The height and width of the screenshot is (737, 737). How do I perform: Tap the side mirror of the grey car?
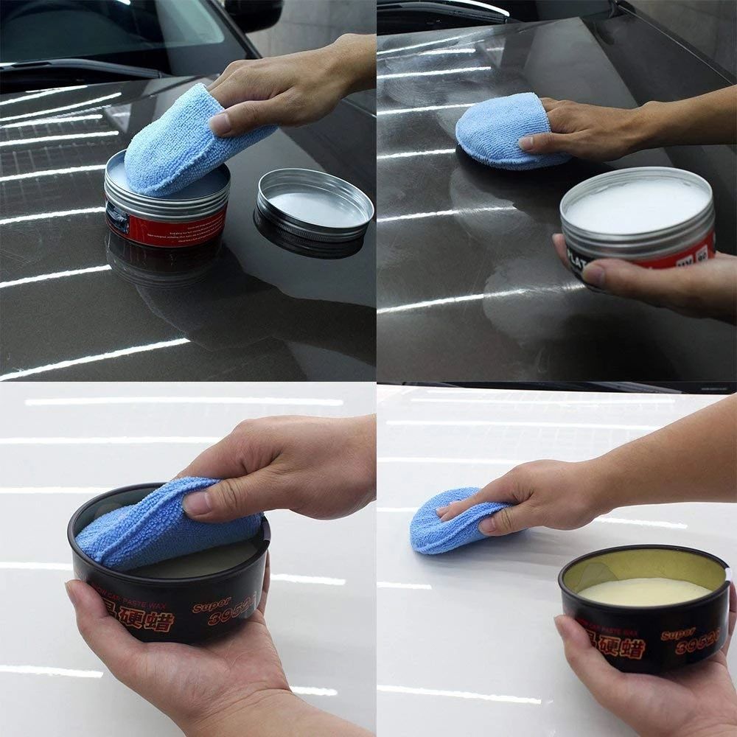[x=254, y=15]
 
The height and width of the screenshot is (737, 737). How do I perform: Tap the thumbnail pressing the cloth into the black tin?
[x=198, y=504]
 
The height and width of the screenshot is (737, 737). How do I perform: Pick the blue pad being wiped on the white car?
[x=450, y=520]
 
